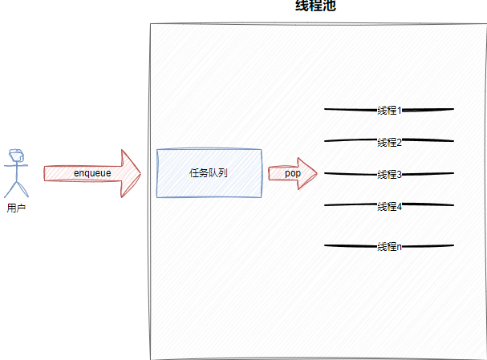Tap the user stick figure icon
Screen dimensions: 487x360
pos(15,172)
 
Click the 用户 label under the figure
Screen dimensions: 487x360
pos(15,208)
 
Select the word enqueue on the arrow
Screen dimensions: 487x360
pos(92,173)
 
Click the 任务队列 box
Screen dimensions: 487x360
pos(209,173)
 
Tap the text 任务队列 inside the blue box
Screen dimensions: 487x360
pos(209,173)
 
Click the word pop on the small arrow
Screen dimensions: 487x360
pos(292,173)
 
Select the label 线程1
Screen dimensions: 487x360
pos(389,110)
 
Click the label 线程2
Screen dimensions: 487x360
pos(389,142)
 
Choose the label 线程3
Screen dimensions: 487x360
pos(389,174)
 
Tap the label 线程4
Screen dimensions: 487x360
pos(389,206)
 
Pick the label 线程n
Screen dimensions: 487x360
pos(389,246)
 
